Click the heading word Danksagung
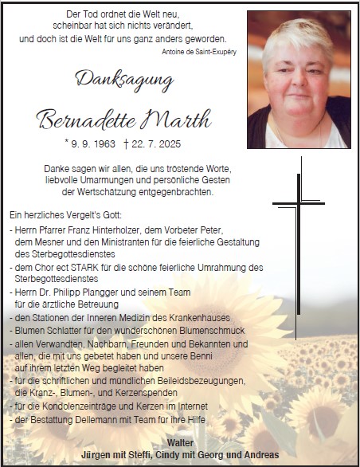pyautogui.click(x=123, y=79)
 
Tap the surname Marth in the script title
pyautogui.click(x=174, y=121)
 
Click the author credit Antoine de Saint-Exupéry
pyautogui.click(x=198, y=51)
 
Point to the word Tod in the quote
pyautogui.click(x=85, y=15)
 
